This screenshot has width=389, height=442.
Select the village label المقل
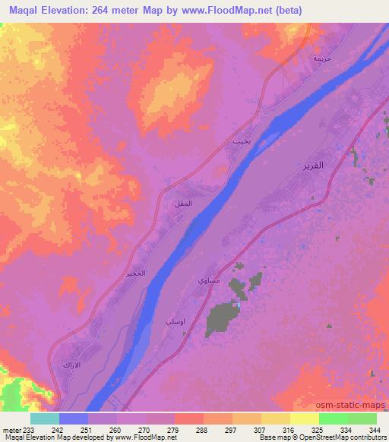pos(184,204)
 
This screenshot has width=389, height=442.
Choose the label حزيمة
pos(322,58)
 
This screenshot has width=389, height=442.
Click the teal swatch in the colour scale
pos(45,418)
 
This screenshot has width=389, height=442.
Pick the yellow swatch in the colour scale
pos(305,418)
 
